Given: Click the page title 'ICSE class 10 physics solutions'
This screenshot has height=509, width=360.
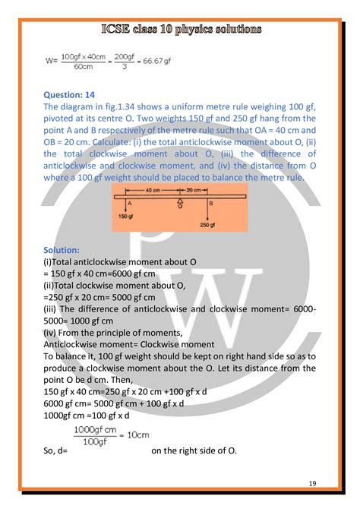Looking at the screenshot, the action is point(180,30).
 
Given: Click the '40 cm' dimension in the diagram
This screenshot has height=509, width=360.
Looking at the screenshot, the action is point(153,189).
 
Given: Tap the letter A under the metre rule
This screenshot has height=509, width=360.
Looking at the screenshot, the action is point(131,203).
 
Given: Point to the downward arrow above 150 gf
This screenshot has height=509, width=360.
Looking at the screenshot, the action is point(123,205).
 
